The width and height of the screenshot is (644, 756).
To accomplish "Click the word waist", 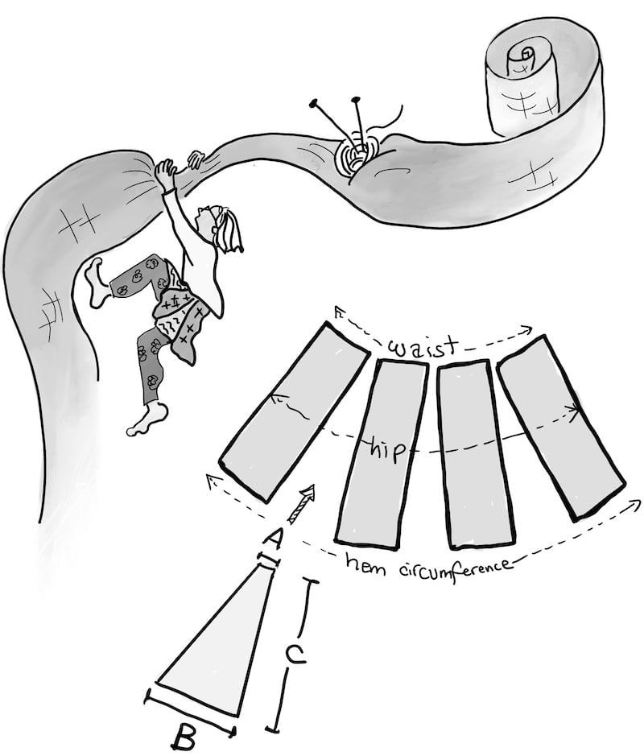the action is [x=422, y=347].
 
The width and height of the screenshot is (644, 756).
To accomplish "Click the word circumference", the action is [x=456, y=569].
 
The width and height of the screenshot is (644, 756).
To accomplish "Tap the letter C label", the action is [x=295, y=655].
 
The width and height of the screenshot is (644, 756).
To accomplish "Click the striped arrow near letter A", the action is [x=301, y=503].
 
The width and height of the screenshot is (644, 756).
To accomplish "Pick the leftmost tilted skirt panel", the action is [x=294, y=413].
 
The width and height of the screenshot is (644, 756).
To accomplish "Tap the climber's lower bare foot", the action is [x=147, y=419].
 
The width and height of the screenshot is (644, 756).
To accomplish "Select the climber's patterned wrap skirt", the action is [x=182, y=312].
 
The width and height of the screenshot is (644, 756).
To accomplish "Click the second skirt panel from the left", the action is [x=382, y=454].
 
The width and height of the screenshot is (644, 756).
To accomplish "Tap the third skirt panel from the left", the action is [x=475, y=454].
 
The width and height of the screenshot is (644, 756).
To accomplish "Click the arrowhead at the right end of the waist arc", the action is [x=527, y=330].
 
